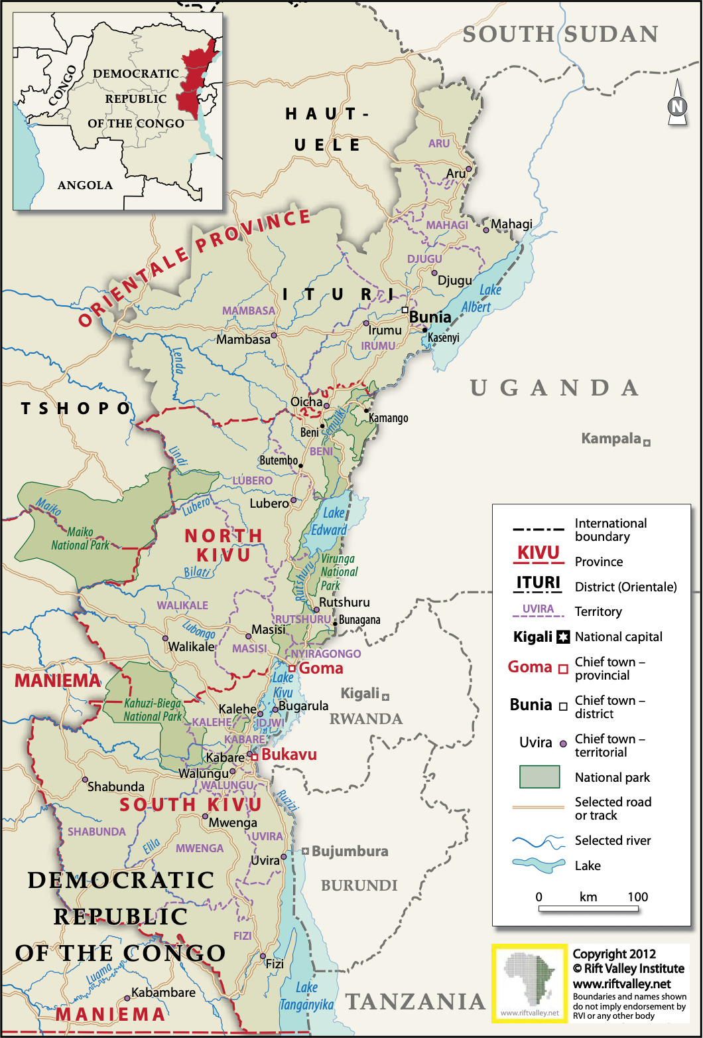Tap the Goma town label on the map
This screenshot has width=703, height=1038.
pyautogui.click(x=321, y=668)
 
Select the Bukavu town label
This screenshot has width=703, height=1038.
pyautogui.click(x=288, y=755)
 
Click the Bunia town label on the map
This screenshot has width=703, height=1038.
pyautogui.click(x=430, y=317)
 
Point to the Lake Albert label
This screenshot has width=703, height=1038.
pyautogui.click(x=476, y=298)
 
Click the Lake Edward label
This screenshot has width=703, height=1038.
pyautogui.click(x=329, y=521)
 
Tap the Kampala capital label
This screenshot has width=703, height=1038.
pyautogui.click(x=611, y=439)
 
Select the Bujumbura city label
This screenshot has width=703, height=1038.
pyautogui.click(x=350, y=851)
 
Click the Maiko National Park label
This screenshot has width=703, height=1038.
pyautogui.click(x=80, y=538)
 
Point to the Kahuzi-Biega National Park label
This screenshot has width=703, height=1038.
pyautogui.click(x=153, y=709)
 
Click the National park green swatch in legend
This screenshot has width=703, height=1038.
pyautogui.click(x=539, y=777)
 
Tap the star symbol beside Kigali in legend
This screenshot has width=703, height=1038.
pyautogui.click(x=563, y=637)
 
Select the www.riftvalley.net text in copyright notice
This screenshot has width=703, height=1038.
pyautogui.click(x=621, y=984)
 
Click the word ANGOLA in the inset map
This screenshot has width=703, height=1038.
pyautogui.click(x=85, y=185)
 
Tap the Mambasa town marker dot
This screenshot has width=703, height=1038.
pyautogui.click(x=273, y=336)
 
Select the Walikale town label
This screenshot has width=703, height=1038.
pyautogui.click(x=192, y=646)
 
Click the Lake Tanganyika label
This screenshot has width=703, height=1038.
pyautogui.click(x=306, y=996)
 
